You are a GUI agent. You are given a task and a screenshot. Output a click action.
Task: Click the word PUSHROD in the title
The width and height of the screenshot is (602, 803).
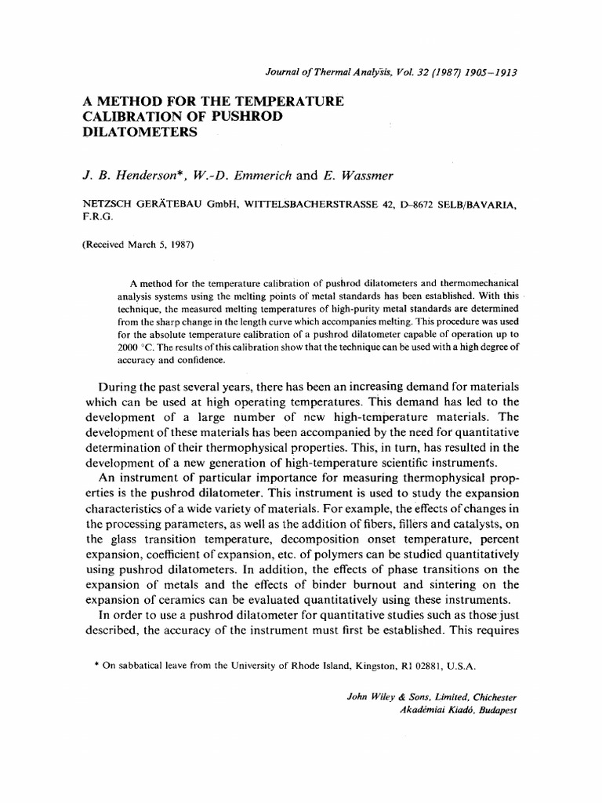(x=241, y=117)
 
